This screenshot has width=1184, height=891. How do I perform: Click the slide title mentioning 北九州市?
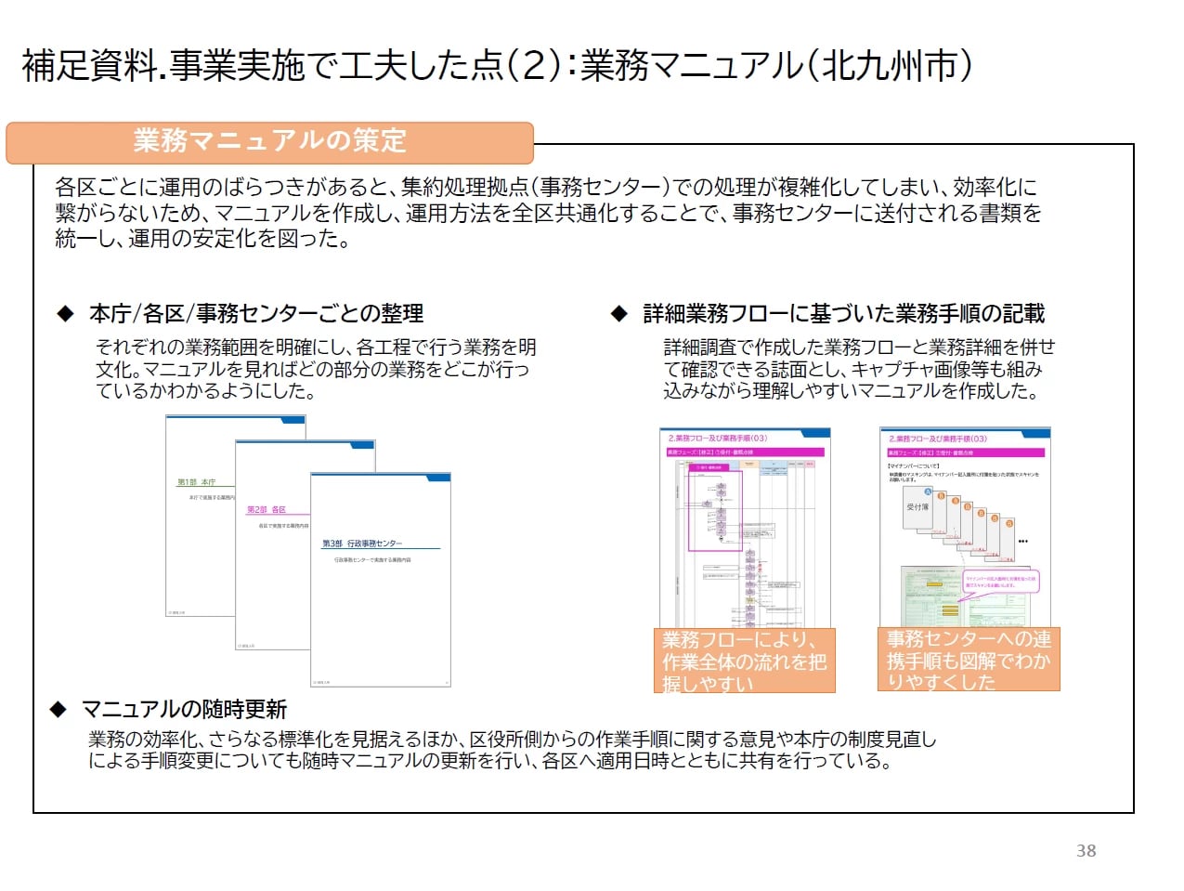coord(497,65)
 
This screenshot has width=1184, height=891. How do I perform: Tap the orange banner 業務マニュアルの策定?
coord(269,141)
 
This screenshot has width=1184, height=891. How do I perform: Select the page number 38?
coord(1086,850)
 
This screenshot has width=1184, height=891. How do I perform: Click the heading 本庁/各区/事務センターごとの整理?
coord(256,314)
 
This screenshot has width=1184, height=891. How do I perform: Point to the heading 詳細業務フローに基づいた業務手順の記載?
coord(843,314)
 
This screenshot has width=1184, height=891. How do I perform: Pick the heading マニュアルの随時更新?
coord(184,710)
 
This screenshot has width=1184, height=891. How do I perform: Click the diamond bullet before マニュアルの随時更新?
coord(59,710)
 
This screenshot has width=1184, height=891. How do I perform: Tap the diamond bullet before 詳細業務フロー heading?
coord(619,314)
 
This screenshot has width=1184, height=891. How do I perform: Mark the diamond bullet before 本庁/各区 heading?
coord(65,314)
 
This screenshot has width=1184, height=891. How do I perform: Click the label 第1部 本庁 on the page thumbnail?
coord(197,482)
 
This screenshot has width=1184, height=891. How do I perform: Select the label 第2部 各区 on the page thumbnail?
coord(267,510)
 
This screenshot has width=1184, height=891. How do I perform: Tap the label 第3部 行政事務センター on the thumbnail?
coord(362,544)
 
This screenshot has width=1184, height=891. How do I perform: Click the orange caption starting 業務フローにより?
coord(744,662)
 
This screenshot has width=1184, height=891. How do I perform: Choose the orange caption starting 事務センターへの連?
coord(969,660)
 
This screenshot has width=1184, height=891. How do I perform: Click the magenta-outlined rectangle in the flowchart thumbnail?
coord(714,511)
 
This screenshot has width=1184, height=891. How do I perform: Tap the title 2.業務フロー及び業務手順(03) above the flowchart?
coord(718,438)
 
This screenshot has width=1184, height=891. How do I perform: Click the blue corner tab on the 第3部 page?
coord(437,478)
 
